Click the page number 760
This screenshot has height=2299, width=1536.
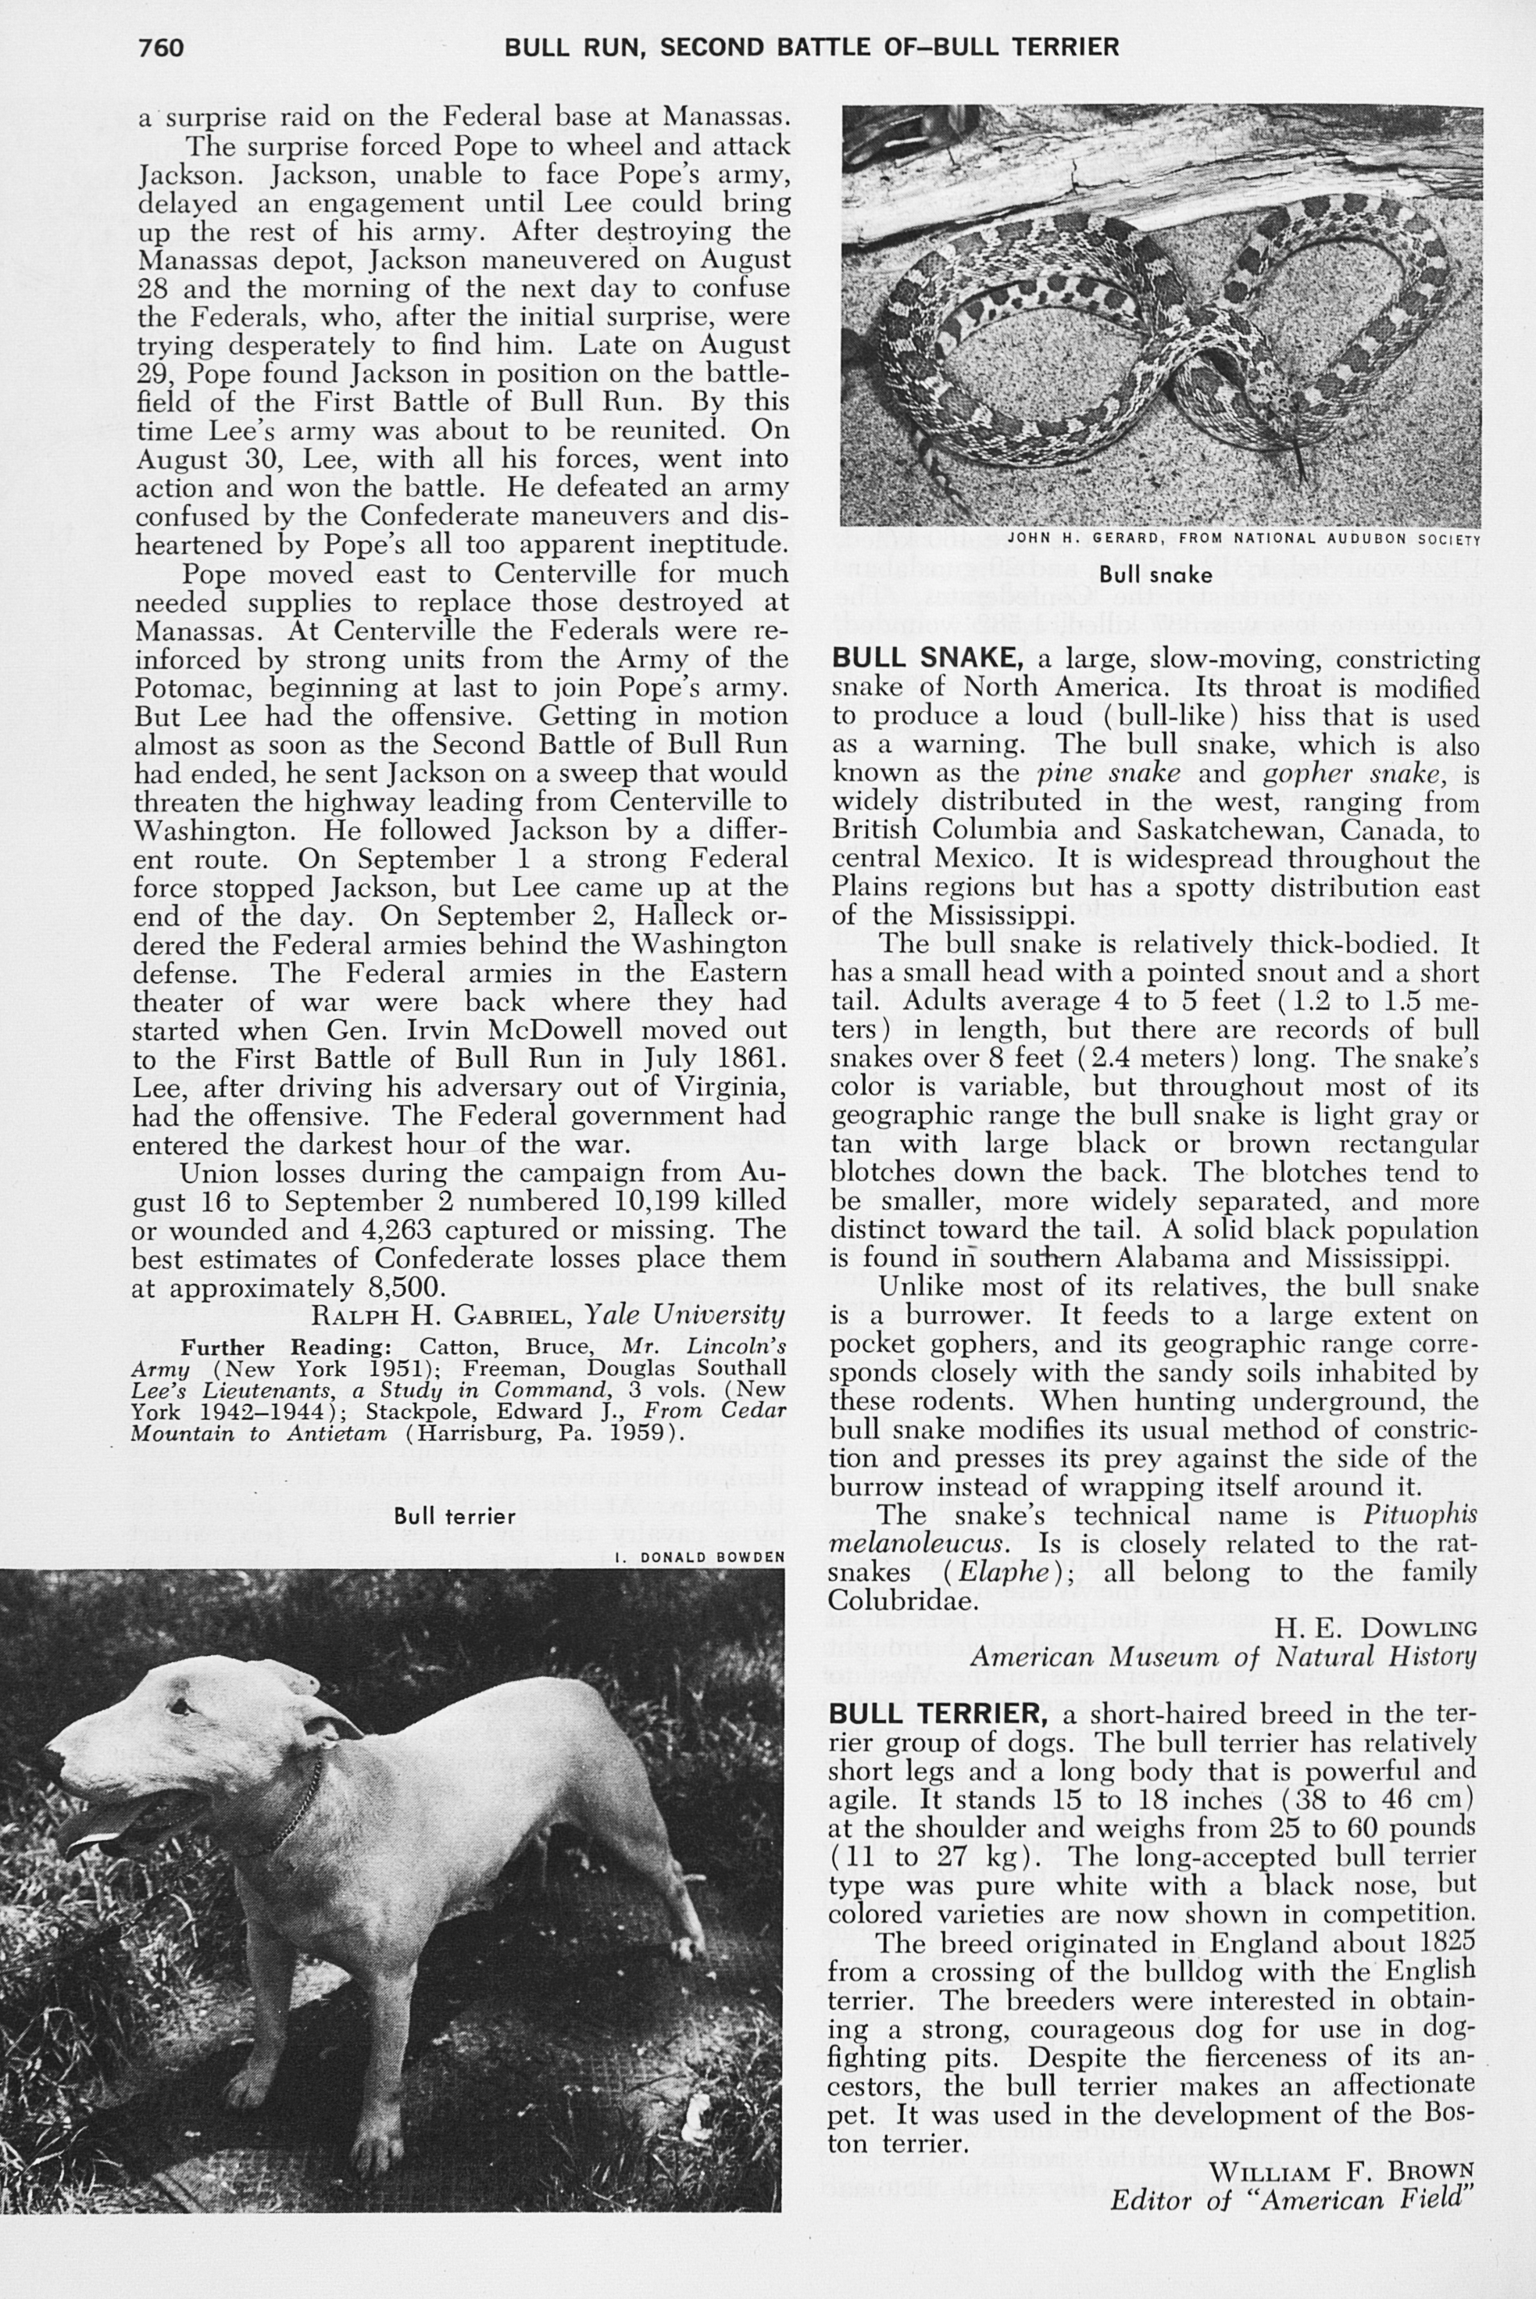(162, 48)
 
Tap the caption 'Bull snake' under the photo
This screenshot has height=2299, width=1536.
(1142, 574)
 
